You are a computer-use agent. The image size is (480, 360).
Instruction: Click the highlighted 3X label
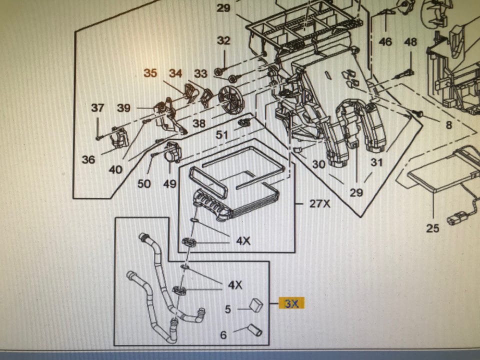(291, 303)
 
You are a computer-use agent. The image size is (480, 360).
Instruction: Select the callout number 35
(150, 73)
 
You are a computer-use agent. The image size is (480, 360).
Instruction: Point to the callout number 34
(175, 73)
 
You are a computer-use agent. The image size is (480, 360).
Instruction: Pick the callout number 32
(223, 40)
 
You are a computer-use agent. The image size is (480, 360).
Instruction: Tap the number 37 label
(97, 107)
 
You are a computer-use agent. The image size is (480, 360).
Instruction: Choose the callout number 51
(222, 134)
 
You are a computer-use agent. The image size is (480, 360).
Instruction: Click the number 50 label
(144, 184)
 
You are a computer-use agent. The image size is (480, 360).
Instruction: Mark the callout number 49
(169, 184)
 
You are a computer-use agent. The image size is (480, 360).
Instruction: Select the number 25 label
(432, 228)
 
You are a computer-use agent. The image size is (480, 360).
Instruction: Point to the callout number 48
(410, 42)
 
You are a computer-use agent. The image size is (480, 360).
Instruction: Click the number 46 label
(385, 42)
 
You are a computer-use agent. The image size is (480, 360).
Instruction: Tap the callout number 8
(448, 125)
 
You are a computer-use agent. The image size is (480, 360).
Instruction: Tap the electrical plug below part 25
(456, 219)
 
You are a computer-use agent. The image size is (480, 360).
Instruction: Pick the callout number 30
(318, 163)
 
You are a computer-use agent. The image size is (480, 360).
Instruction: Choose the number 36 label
(88, 159)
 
